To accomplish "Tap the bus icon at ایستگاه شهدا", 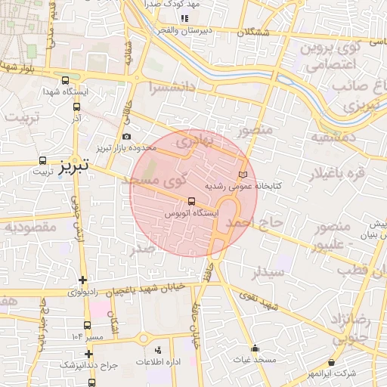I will (64, 80).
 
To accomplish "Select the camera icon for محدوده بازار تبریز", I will (126, 136).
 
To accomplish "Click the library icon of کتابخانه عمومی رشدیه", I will (242, 175).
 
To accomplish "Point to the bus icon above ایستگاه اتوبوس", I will (191, 201).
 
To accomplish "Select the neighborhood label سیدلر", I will (268, 271).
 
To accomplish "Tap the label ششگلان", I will (252, 33).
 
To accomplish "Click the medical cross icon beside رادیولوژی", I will (82, 280).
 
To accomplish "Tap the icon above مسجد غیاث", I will (255, 349).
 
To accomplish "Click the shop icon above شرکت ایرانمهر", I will (332, 363).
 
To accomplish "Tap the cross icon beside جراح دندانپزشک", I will (89, 353).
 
